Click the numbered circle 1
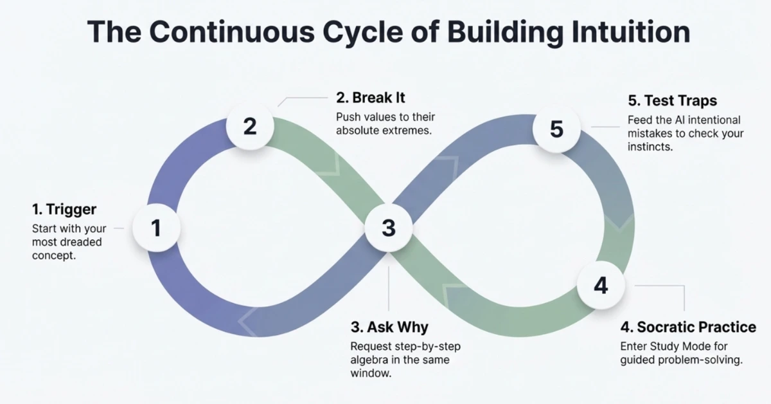point(155,228)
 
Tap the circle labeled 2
point(250,126)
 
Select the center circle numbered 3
point(388,228)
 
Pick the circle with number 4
point(600,285)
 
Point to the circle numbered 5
point(556,129)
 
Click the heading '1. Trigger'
point(64,209)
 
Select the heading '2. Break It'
point(371,98)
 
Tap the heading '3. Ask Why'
point(389,327)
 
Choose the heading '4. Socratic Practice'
point(688,327)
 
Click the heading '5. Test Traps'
point(672,101)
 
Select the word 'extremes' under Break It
point(407,131)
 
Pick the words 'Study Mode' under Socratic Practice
point(677,346)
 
